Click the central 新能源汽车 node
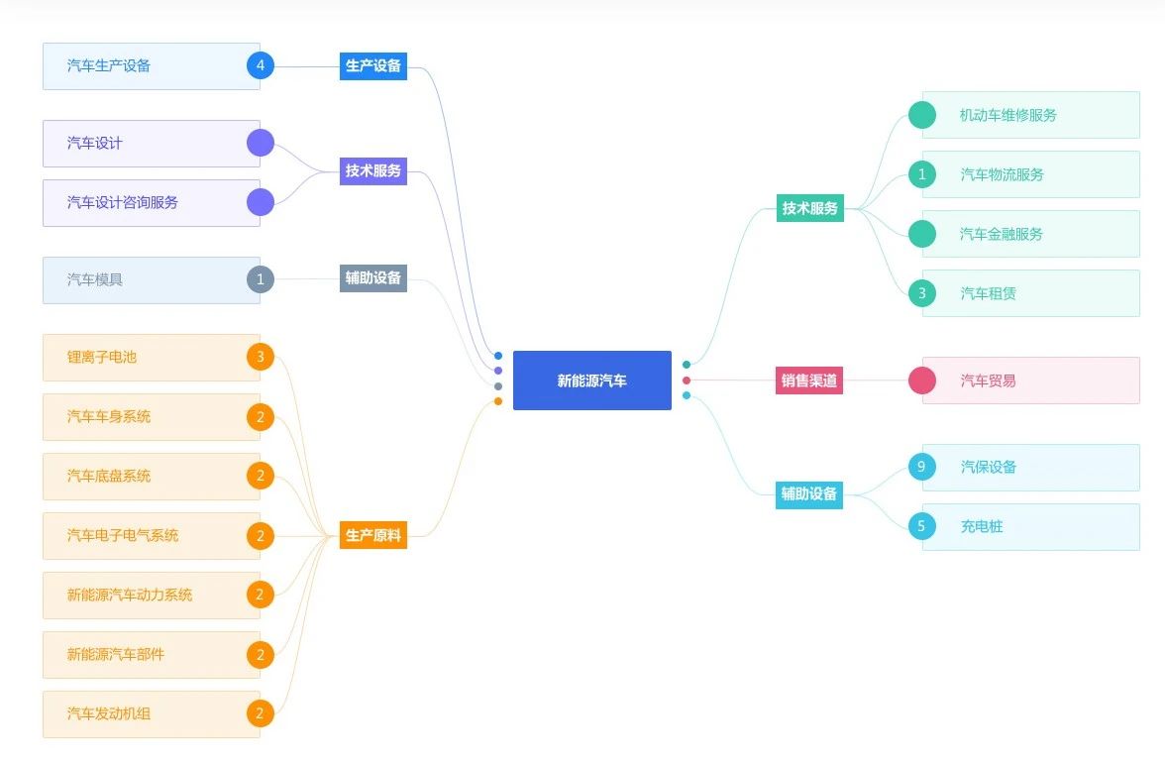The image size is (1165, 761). tap(591, 380)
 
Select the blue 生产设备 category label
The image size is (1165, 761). tap(373, 66)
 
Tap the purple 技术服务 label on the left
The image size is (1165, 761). tap(373, 170)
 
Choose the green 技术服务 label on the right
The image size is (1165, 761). tap(810, 208)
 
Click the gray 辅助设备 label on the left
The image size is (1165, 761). tap(373, 278)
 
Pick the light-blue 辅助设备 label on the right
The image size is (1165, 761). tap(809, 493)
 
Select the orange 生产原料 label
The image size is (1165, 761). tap(373, 536)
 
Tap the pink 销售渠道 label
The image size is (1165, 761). tap(809, 380)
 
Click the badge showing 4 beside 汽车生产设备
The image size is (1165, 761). tap(261, 66)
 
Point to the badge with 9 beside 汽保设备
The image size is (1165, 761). tap(922, 467)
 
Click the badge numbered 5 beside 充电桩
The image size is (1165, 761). tap(922, 526)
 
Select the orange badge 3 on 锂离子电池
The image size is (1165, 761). tap(261, 358)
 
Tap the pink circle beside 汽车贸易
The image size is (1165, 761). tap(922, 380)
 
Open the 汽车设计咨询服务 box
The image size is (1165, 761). tap(151, 203)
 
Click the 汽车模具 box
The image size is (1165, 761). tap(151, 280)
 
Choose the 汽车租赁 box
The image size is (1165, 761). tap(1030, 293)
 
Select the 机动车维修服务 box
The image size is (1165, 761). tap(1030, 115)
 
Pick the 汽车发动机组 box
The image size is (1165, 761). tap(151, 714)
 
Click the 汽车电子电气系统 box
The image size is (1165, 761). tap(151, 536)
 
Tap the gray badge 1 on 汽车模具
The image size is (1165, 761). tap(261, 280)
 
